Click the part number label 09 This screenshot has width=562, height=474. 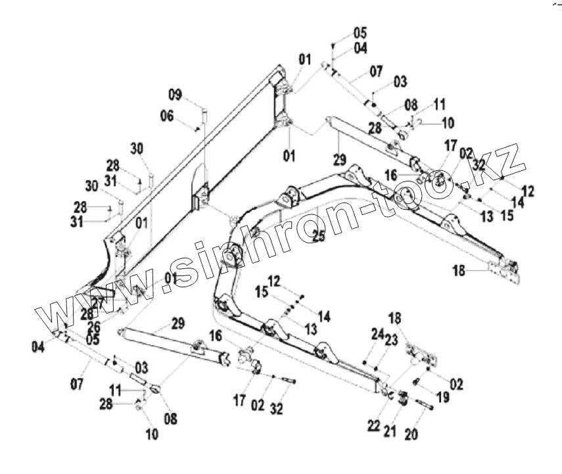[x=174, y=95]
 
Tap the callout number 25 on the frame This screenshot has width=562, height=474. [x=318, y=237]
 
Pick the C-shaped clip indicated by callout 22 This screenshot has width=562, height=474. [x=389, y=395]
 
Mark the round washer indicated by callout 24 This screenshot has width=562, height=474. [x=365, y=360]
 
